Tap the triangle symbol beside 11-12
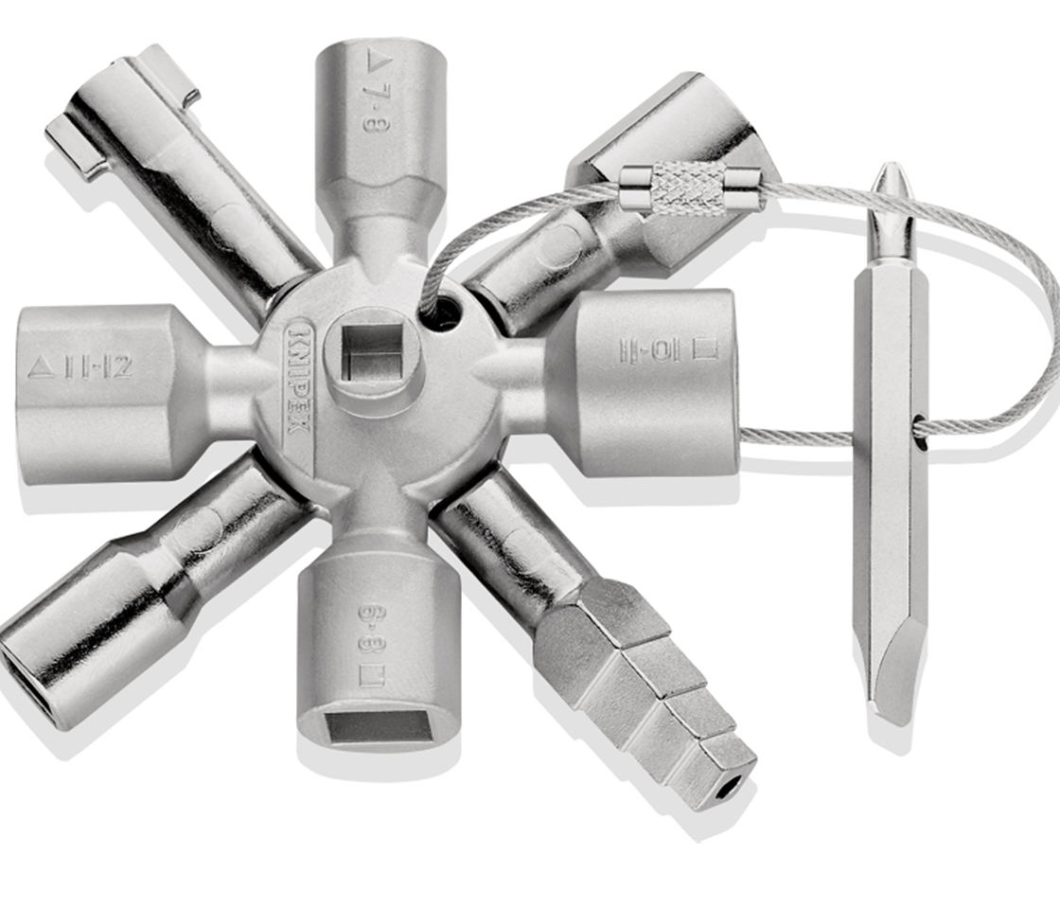pyautogui.click(x=41, y=367)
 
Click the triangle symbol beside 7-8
pyautogui.click(x=372, y=66)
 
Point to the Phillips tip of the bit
pyautogui.click(x=889, y=189)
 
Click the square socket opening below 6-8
pyautogui.click(x=371, y=727)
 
